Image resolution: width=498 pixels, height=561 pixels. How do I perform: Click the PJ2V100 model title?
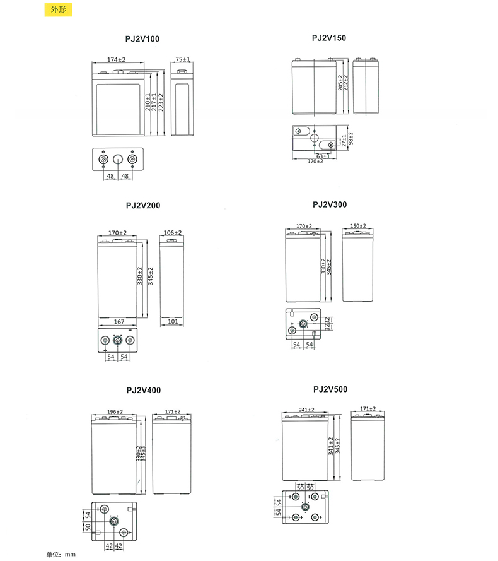(142, 39)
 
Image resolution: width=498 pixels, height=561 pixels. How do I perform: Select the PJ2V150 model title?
(329, 38)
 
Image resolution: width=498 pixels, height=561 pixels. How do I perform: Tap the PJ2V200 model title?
(143, 206)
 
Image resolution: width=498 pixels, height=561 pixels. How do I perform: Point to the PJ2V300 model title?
(329, 205)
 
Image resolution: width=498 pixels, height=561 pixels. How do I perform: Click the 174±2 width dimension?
(117, 59)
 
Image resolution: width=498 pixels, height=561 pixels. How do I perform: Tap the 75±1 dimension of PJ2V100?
(183, 59)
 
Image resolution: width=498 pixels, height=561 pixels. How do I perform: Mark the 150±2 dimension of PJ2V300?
(358, 226)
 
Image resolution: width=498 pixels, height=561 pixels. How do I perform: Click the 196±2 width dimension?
(115, 412)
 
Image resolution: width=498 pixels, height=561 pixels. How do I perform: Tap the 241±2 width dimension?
(306, 410)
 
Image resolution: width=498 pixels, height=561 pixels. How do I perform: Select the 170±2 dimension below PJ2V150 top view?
(315, 162)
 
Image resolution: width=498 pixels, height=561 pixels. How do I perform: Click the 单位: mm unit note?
(61, 554)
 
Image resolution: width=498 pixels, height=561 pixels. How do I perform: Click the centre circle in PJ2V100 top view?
(117, 159)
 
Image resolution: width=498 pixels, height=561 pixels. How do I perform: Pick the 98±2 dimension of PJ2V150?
(350, 138)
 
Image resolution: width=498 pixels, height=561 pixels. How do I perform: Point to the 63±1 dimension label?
(323, 156)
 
